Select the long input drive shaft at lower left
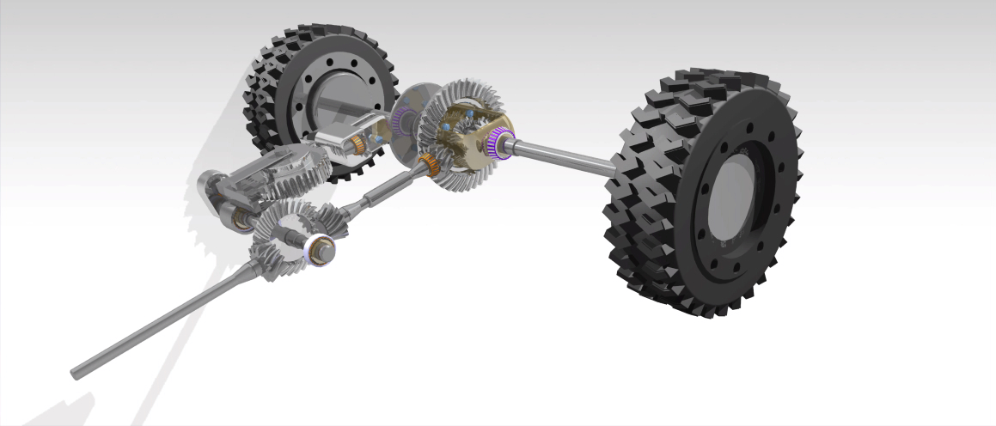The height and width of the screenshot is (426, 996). pyautogui.click(x=172, y=318)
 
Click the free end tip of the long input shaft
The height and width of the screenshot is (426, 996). pyautogui.click(x=76, y=372)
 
